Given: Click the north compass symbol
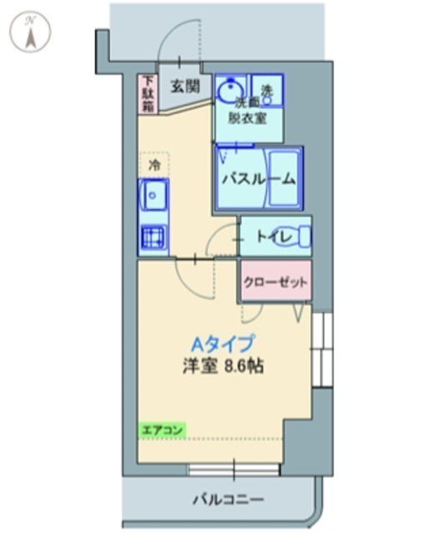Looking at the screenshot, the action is click(30, 32).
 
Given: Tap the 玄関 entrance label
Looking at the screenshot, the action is click(185, 87).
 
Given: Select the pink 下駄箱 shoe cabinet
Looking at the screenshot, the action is click(147, 94).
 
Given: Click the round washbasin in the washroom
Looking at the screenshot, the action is click(230, 90).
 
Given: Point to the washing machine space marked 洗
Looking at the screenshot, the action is click(267, 90).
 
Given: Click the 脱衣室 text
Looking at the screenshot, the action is click(247, 118).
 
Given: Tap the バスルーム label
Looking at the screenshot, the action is click(258, 179).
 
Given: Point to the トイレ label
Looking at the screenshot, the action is click(274, 237).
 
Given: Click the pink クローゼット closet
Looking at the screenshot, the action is click(276, 281).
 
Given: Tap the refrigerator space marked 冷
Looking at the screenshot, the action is click(154, 166).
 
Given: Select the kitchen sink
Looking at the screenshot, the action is click(154, 195).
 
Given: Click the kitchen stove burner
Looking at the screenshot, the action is click(153, 236).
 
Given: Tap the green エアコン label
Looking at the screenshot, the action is click(162, 430).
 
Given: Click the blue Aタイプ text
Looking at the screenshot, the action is click(222, 344).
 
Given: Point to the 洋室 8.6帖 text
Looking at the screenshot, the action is click(222, 366).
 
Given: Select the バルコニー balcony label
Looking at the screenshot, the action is click(228, 500).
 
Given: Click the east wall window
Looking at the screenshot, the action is click(322, 350).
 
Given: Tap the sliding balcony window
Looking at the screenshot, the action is click(234, 470).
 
